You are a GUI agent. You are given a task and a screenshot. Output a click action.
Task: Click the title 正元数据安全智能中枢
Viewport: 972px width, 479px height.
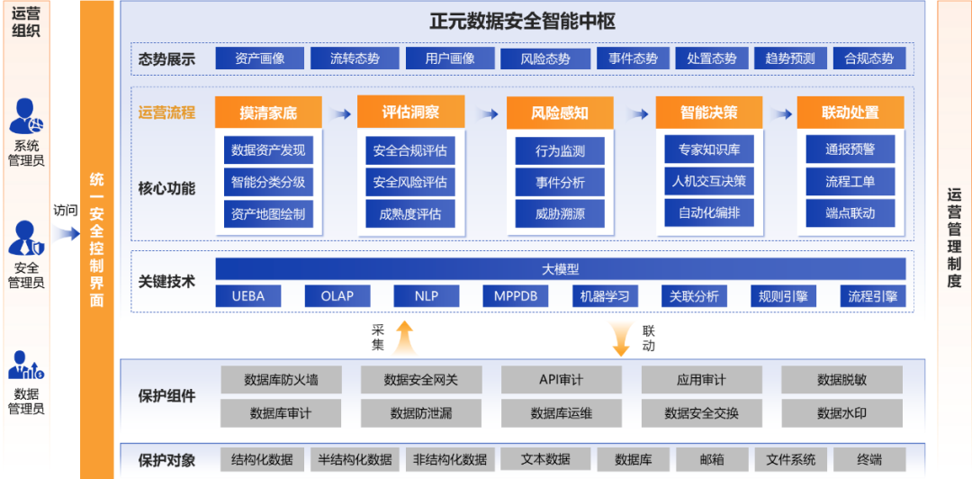click(522, 22)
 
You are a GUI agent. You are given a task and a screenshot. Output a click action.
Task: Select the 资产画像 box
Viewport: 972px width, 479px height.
click(259, 59)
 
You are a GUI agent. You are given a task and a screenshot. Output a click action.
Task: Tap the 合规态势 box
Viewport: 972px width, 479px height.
click(868, 59)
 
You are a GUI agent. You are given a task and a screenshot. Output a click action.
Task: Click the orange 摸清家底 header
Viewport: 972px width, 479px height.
click(267, 113)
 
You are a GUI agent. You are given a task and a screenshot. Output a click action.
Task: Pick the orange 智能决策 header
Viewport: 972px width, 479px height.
click(708, 113)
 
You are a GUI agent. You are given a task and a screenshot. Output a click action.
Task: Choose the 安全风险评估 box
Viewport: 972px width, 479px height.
click(409, 182)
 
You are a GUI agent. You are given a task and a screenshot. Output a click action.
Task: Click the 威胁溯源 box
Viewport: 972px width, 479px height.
click(559, 214)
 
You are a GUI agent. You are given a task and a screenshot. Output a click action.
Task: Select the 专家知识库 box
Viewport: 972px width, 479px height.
click(708, 149)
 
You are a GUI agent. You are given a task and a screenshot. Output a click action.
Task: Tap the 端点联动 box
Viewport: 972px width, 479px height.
click(850, 213)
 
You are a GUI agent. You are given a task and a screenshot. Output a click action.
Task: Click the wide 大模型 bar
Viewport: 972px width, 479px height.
click(560, 269)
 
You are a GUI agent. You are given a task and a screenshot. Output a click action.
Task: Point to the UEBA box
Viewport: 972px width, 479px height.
click(247, 296)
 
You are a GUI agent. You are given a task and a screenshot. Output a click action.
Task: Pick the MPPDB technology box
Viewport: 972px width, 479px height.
click(516, 296)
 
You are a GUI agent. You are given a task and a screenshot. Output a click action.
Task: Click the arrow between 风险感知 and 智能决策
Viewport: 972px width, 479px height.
click(637, 114)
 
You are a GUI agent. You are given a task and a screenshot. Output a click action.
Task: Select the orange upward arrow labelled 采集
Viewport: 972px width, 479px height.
click(404, 339)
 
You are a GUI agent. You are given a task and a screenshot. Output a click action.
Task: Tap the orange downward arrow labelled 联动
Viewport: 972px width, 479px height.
click(621, 339)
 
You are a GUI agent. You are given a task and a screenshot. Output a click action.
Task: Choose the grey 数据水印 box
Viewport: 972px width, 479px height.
click(841, 413)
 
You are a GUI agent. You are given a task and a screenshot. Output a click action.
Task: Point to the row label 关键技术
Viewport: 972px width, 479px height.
click(167, 282)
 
